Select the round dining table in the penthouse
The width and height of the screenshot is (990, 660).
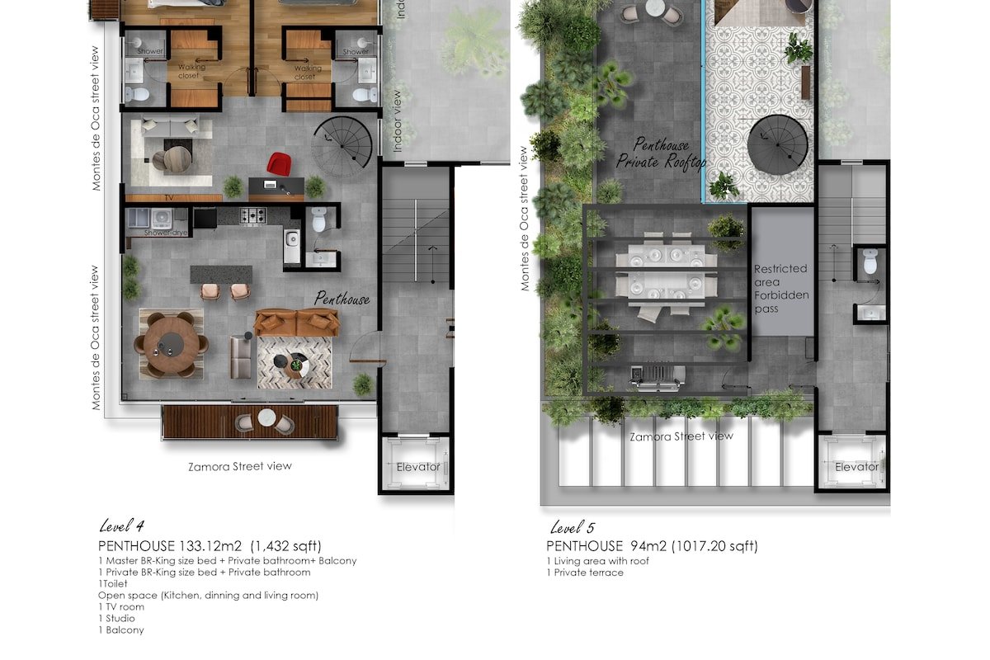pos(171,343)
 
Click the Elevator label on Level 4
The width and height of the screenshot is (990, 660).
pos(418,467)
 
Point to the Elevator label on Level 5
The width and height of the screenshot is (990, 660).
pos(856,467)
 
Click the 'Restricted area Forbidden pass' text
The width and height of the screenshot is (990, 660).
pos(780,290)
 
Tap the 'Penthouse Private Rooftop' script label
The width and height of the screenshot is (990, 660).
pos(662,154)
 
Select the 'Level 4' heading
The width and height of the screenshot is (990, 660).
pos(122,526)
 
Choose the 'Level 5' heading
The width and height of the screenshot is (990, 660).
pos(573,528)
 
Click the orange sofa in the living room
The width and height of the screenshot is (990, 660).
pos(296,323)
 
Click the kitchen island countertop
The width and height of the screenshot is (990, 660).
pos(220,273)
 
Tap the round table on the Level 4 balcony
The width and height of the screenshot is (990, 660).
pos(266,418)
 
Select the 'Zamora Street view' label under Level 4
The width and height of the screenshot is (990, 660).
pos(239,466)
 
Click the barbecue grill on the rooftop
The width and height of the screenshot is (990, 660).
pos(657,378)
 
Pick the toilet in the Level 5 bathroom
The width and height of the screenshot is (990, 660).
pos(870,262)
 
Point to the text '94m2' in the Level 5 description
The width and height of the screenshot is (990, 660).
pos(648,546)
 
